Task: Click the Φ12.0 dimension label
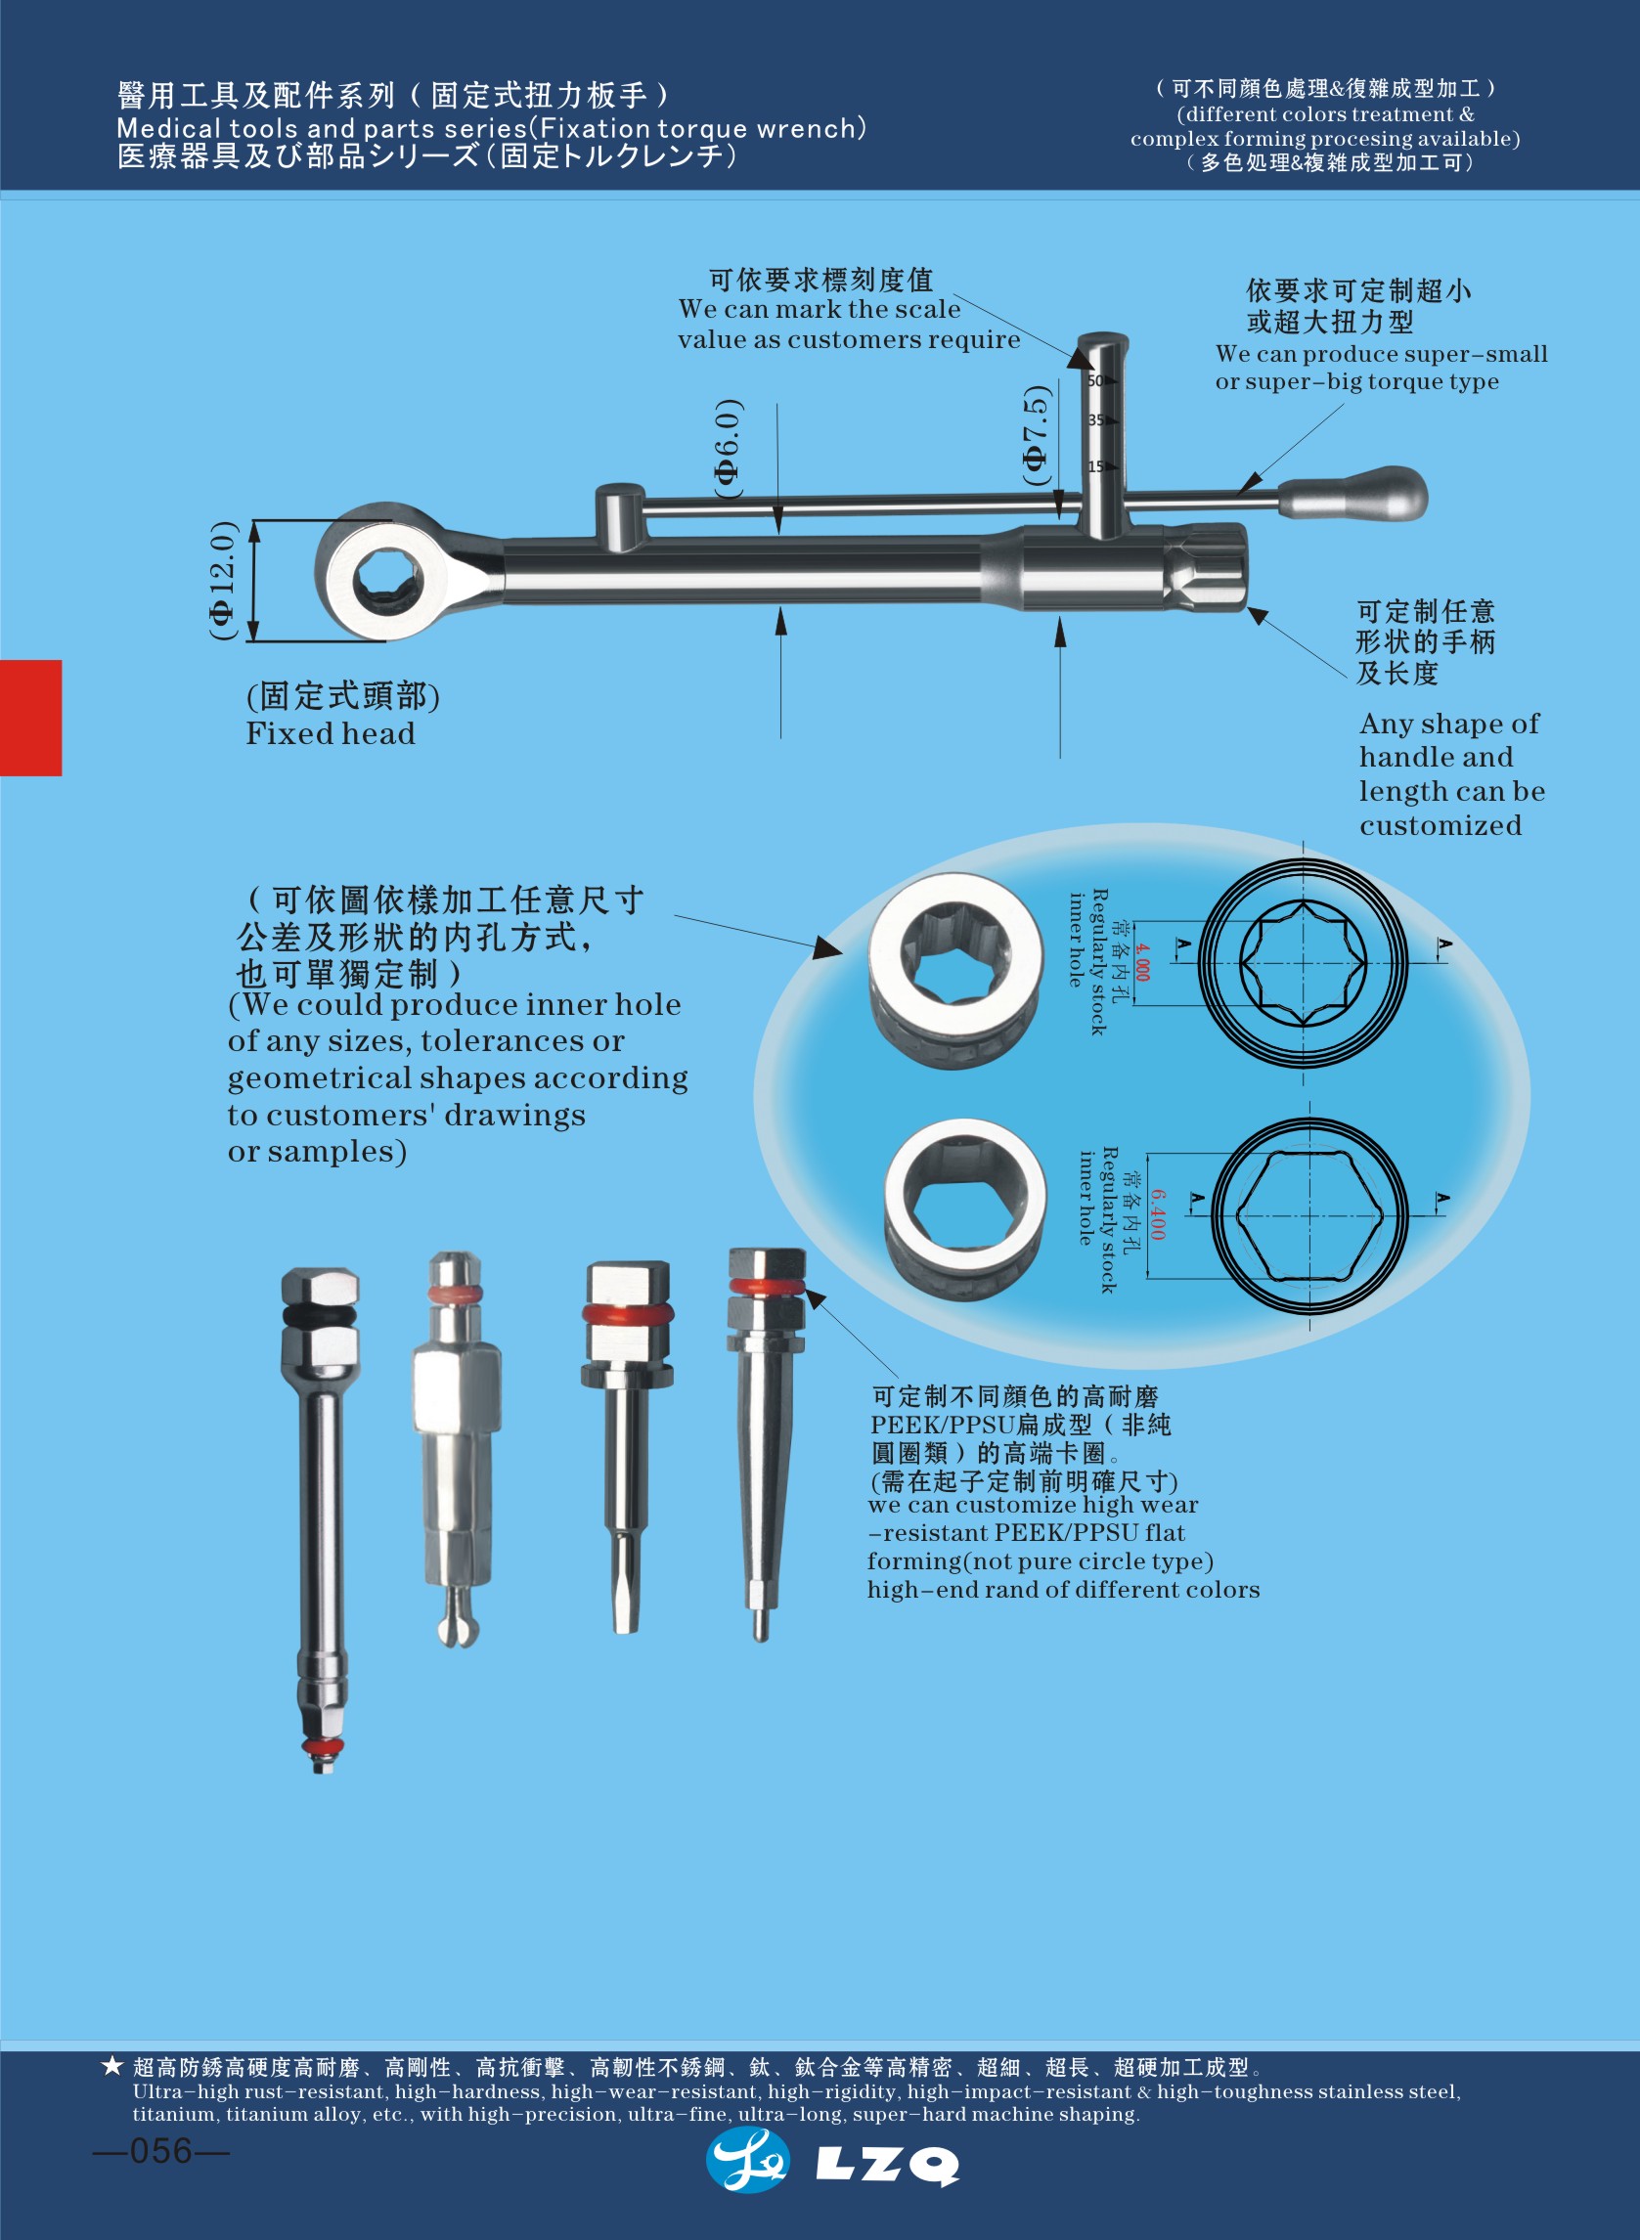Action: coord(223,581)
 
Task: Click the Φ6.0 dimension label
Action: coord(728,449)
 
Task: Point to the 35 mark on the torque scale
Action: coord(1098,419)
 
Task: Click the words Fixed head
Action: coord(331,734)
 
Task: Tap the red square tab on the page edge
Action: coord(30,718)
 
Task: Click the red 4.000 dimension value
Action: coord(1141,963)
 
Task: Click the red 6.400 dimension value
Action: coord(1159,1214)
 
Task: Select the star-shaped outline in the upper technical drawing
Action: coord(1304,963)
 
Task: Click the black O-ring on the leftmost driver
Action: coord(319,1317)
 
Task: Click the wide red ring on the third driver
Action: coord(628,1314)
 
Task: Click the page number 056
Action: coord(160,2152)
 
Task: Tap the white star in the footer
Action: coord(112,2067)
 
